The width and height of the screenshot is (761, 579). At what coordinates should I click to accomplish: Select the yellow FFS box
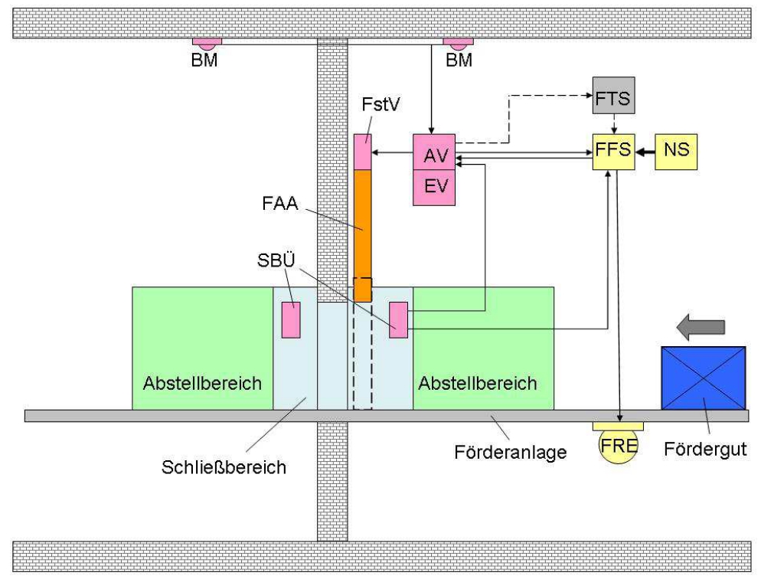coord(613,150)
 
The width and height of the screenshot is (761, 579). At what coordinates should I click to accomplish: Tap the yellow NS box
coord(677,150)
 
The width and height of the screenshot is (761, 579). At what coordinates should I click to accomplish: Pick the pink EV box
coord(434,188)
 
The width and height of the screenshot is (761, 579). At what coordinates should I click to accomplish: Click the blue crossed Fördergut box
coord(703,378)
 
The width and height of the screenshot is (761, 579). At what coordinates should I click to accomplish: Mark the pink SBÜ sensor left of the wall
coord(291,320)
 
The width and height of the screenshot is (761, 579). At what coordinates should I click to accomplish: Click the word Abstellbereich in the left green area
coord(203,383)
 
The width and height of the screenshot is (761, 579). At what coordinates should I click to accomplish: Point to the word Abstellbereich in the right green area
coord(477,383)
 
